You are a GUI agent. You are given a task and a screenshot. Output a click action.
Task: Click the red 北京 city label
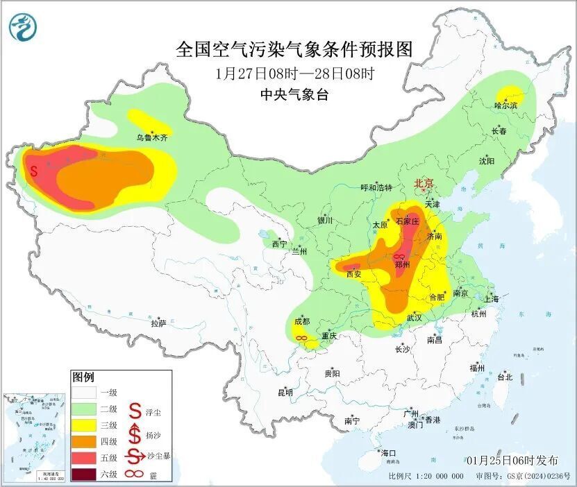point(424,183)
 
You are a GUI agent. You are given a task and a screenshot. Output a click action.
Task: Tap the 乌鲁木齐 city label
point(151,138)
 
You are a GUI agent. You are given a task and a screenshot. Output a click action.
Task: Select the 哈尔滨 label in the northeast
point(505,105)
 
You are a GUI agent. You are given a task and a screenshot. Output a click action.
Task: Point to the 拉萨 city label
point(158,323)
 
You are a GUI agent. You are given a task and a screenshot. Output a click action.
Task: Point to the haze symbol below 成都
point(302,338)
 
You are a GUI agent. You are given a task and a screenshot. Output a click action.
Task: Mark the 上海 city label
point(492,299)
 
